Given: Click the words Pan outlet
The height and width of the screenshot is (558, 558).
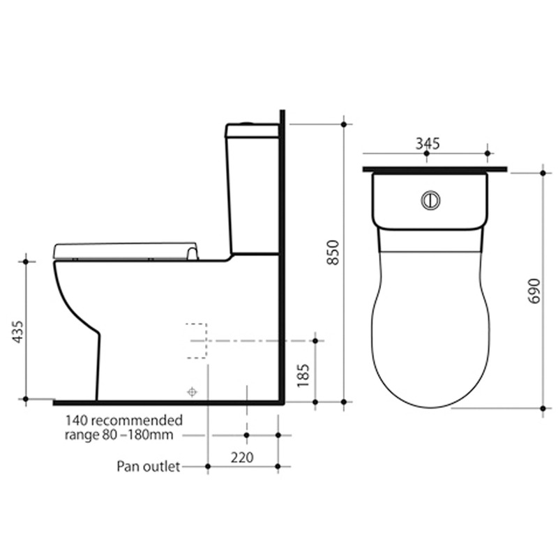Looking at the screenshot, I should tap(149, 466).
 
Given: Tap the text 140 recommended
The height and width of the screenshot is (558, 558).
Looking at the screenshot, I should tap(124, 421).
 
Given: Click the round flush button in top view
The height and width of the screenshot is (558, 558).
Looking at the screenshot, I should tap(430, 200).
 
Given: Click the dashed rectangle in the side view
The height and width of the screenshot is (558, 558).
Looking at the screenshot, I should tap(197, 341).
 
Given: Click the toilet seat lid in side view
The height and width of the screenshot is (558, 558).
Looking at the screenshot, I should tap(126, 249).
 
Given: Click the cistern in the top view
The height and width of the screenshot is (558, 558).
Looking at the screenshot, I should tap(430, 200).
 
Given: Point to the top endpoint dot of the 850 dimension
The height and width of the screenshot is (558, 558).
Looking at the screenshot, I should tap(345, 124).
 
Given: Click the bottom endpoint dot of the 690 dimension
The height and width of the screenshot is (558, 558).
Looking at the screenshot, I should tap(543, 407).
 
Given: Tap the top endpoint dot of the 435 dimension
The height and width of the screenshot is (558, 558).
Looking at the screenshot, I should tap(27, 261).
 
